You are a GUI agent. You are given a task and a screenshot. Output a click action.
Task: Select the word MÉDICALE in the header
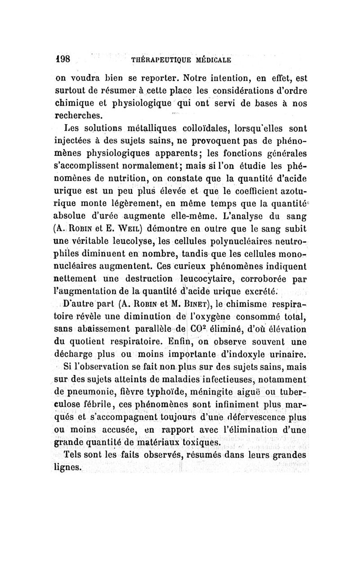(x=211, y=59)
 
